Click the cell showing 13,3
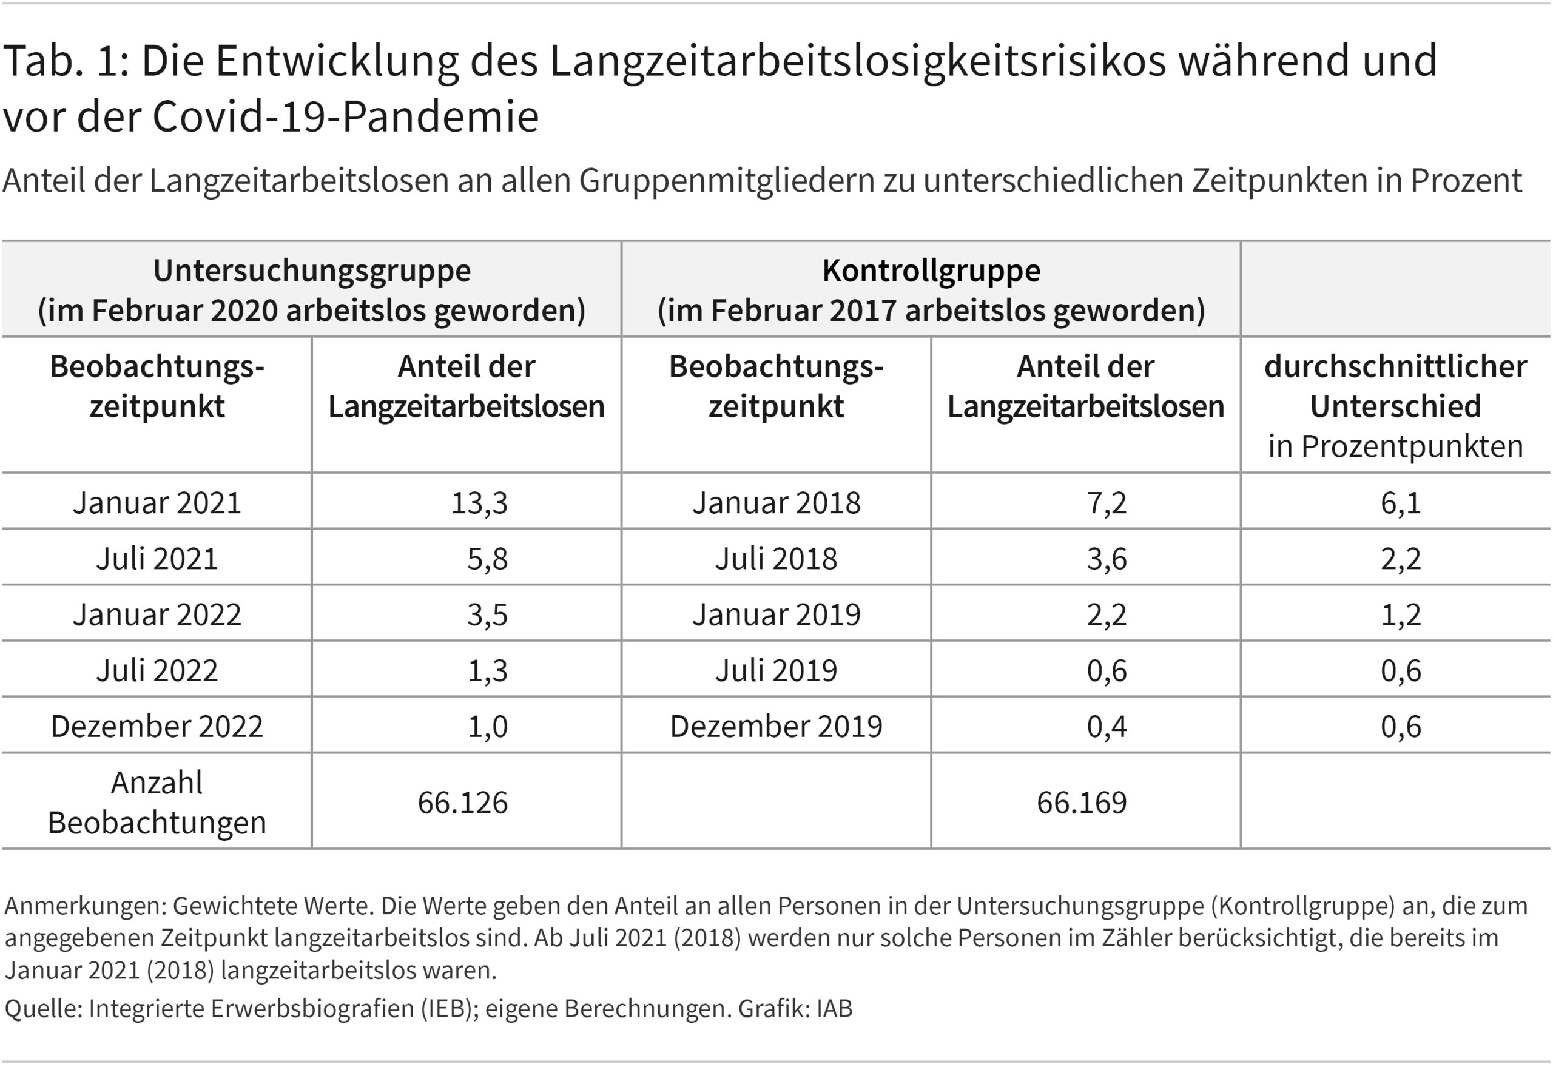[479, 503]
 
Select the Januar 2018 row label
[775, 503]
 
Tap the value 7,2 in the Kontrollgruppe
[1106, 503]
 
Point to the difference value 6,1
[1400, 503]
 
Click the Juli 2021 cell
[157, 559]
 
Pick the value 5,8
[487, 559]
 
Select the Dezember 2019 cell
[775, 727]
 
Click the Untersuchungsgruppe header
[312, 271]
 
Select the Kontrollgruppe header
[931, 271]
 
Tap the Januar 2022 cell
[157, 615]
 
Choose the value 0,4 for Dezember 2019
[1106, 727]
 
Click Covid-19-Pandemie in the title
[345, 117]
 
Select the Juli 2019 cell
[775, 670]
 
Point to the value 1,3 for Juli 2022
[487, 670]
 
